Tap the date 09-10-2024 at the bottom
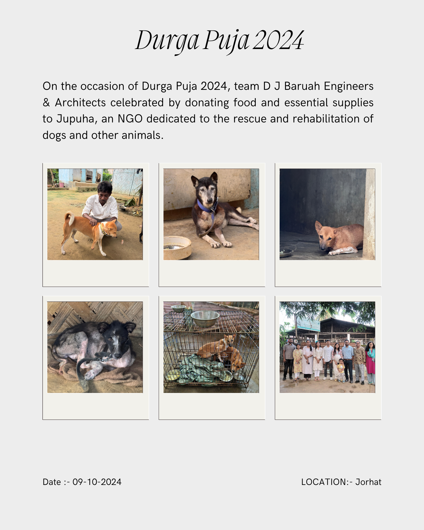[x=97, y=482]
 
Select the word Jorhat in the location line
[x=368, y=482]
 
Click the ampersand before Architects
[x=46, y=103]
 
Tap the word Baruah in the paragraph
[x=302, y=86]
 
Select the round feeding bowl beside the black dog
[x=177, y=248]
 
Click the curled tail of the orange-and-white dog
[x=70, y=218]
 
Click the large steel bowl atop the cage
[x=205, y=319]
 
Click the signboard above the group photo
[x=308, y=324]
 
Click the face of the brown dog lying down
[x=325, y=236]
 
